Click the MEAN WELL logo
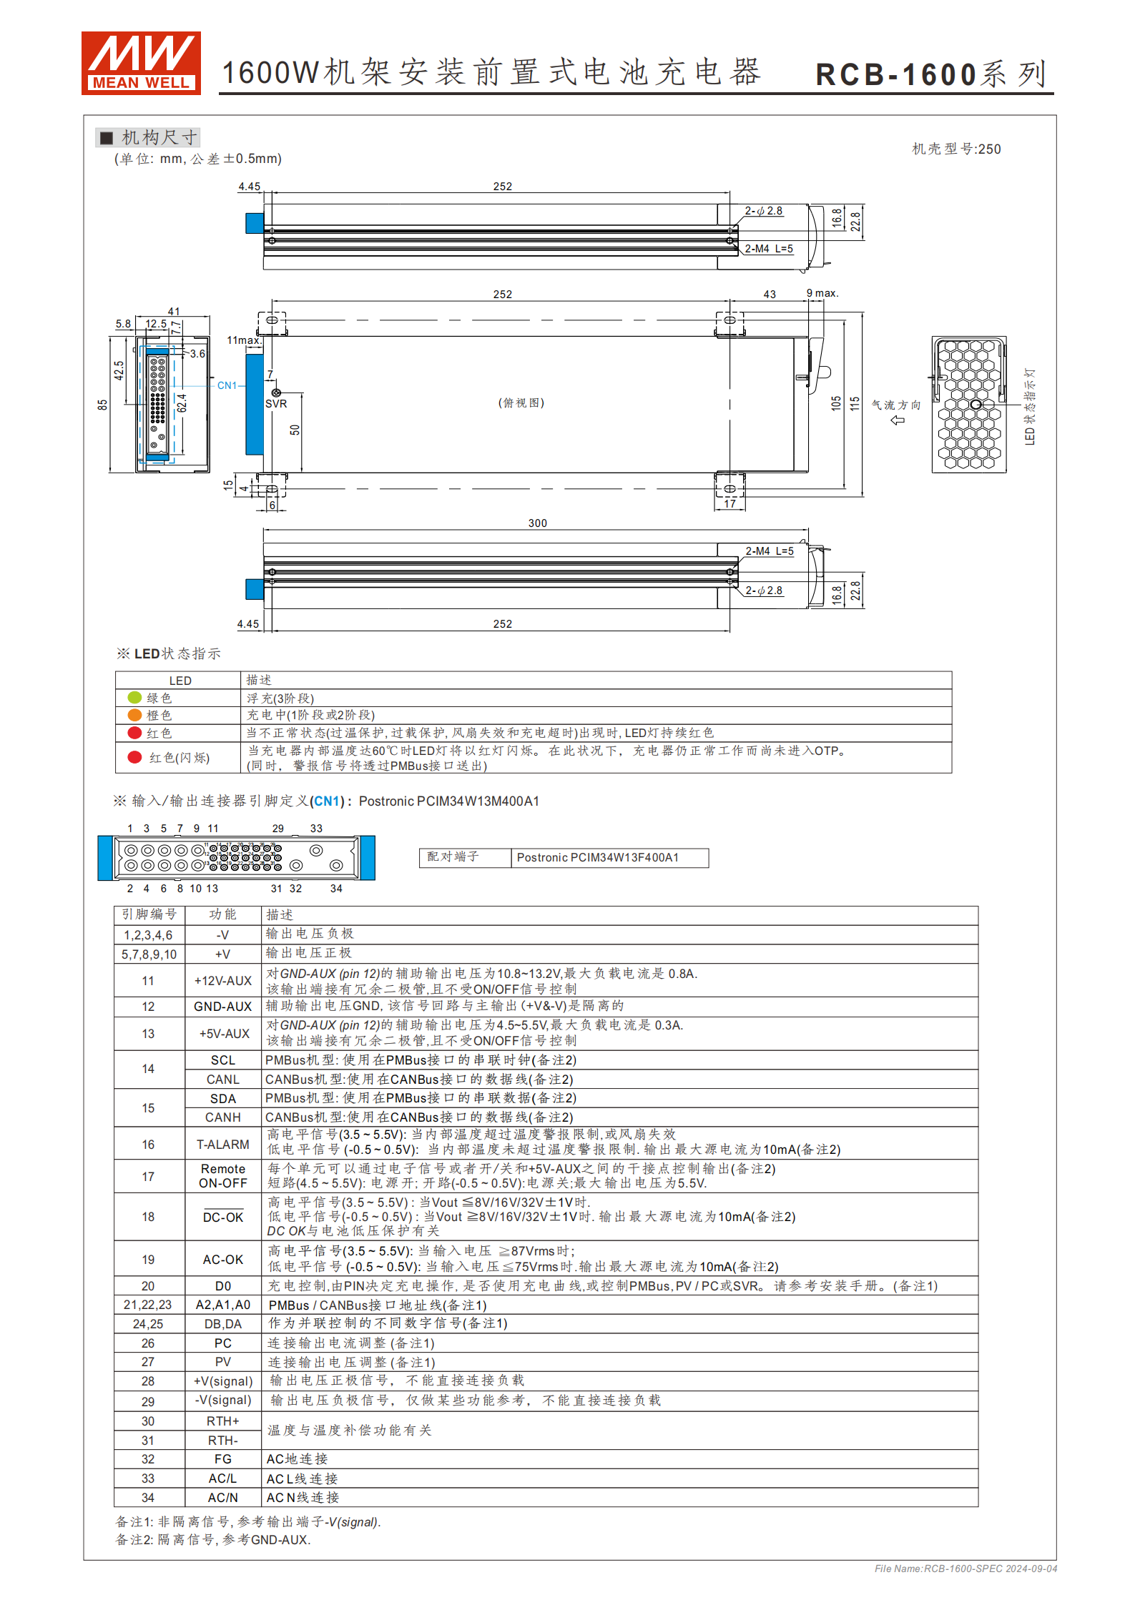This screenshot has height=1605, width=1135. (140, 63)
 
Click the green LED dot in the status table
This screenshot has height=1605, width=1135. (134, 697)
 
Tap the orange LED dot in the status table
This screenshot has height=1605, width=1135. (134, 715)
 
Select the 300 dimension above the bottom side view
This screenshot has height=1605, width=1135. (537, 523)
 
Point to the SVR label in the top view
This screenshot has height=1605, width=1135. (276, 404)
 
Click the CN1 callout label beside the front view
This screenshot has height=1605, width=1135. (227, 385)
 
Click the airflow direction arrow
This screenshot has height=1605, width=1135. (898, 420)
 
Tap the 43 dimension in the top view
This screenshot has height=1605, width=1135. (770, 295)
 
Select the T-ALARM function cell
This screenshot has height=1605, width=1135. (223, 1144)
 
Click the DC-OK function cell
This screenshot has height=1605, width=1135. (223, 1217)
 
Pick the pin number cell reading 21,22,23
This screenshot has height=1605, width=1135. (148, 1305)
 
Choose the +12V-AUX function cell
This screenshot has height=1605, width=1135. (223, 981)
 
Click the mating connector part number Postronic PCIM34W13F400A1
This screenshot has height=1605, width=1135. (597, 858)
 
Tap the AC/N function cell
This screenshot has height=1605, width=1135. (223, 1497)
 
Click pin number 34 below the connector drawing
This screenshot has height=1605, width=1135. (336, 889)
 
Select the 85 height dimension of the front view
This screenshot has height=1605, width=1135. (103, 405)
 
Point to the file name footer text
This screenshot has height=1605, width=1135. (966, 1569)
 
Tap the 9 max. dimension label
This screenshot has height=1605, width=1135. (822, 293)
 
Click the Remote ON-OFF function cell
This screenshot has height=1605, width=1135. (223, 1176)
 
